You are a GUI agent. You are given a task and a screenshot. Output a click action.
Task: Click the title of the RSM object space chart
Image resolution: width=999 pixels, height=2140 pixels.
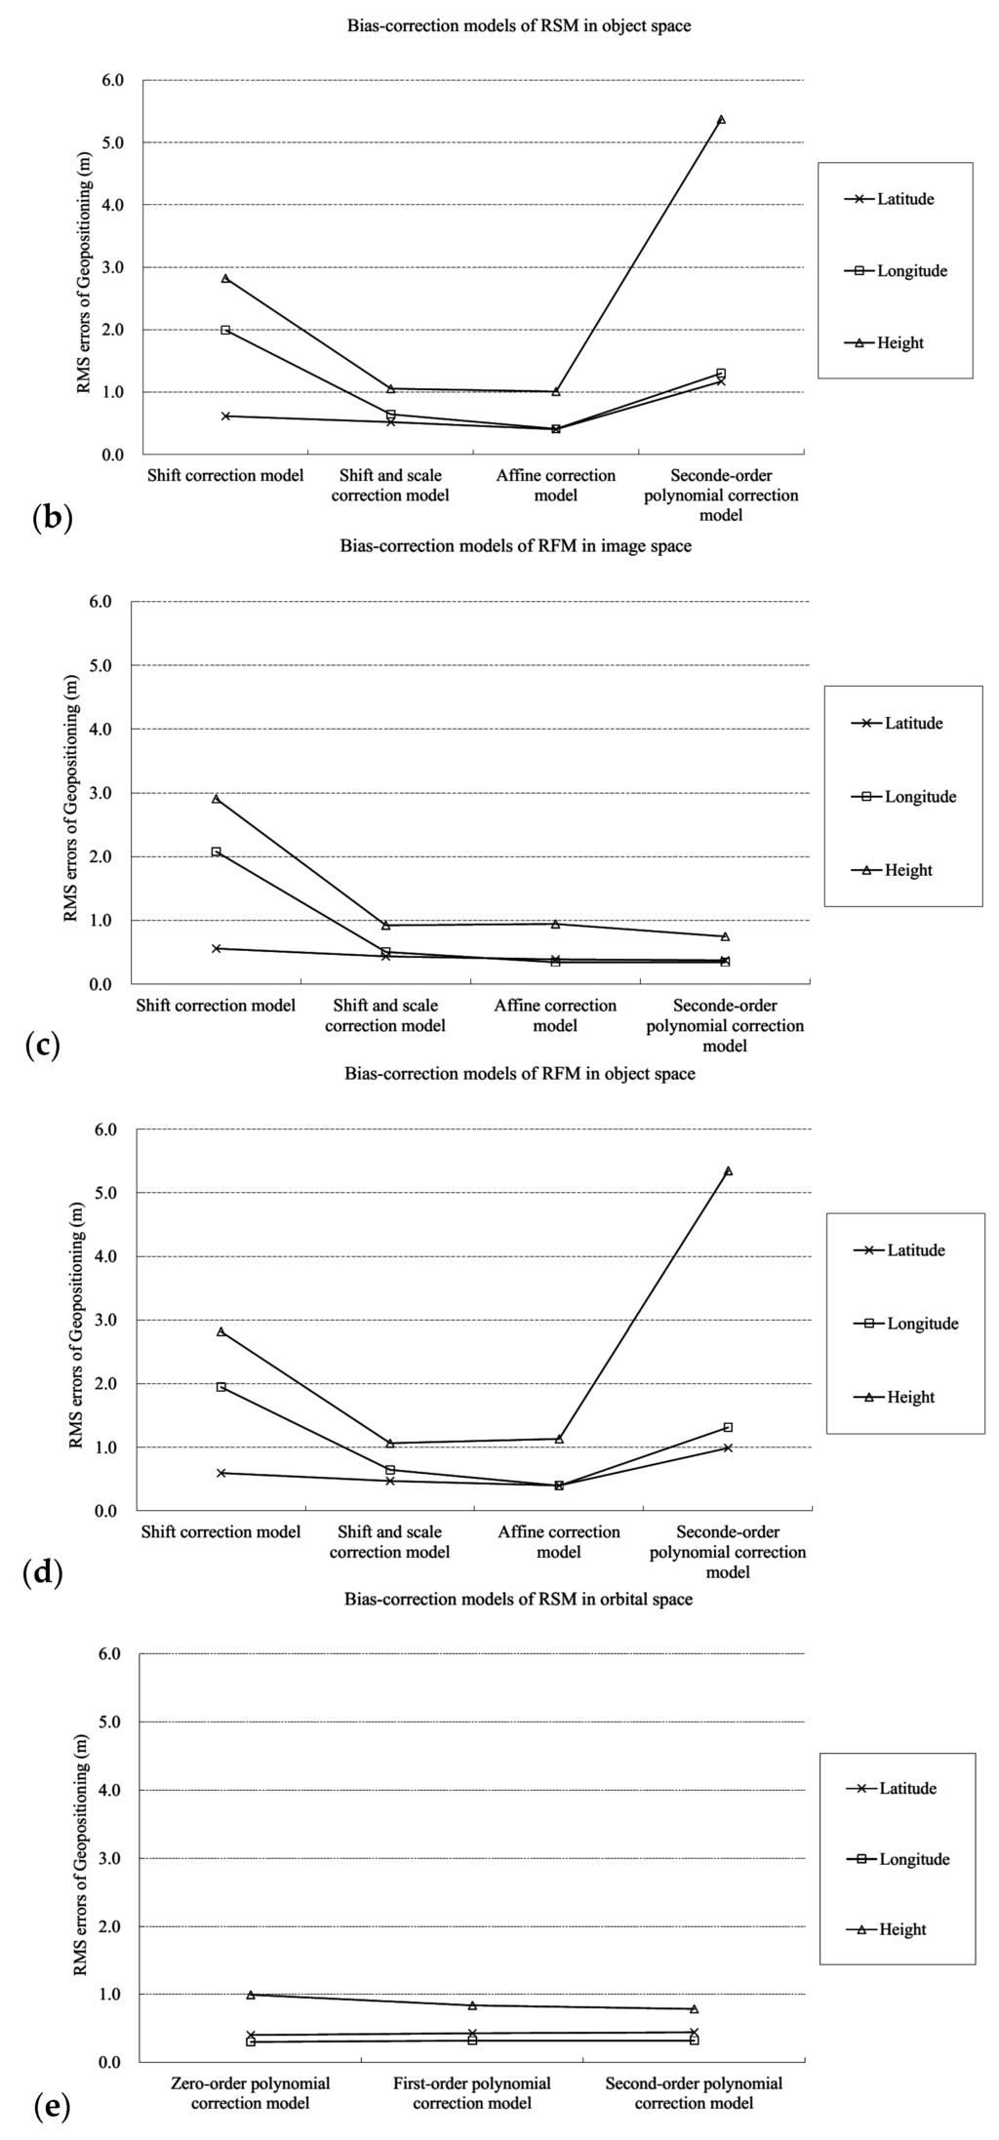click(x=519, y=26)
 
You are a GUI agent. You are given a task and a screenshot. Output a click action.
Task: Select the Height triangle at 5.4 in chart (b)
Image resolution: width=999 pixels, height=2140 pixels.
click(x=721, y=119)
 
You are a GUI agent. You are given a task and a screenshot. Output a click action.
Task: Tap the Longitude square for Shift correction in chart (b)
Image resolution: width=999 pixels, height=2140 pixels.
click(x=225, y=330)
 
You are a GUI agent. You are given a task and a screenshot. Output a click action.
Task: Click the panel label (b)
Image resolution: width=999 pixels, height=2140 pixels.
click(x=52, y=516)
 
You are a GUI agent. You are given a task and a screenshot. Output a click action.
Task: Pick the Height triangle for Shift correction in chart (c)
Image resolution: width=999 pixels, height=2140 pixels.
click(x=216, y=799)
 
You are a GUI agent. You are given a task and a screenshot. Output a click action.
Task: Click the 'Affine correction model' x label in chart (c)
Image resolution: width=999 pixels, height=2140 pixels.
click(x=556, y=1015)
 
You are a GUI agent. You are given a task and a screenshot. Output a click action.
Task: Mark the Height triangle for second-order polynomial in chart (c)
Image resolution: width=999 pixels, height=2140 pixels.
click(x=725, y=936)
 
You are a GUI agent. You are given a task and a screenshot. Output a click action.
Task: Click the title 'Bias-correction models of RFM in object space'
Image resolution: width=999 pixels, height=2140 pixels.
click(x=520, y=1074)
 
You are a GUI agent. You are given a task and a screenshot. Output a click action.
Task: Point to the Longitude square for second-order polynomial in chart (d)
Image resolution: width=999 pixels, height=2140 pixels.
click(x=728, y=1427)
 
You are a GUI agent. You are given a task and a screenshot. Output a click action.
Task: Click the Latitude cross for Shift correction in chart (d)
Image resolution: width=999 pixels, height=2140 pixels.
click(x=221, y=1473)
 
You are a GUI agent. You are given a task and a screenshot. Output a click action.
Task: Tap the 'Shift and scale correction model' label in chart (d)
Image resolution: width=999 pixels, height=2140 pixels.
click(x=389, y=1542)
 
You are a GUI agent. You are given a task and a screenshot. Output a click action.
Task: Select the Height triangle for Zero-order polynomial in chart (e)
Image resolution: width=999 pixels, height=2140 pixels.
click(x=251, y=1967)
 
